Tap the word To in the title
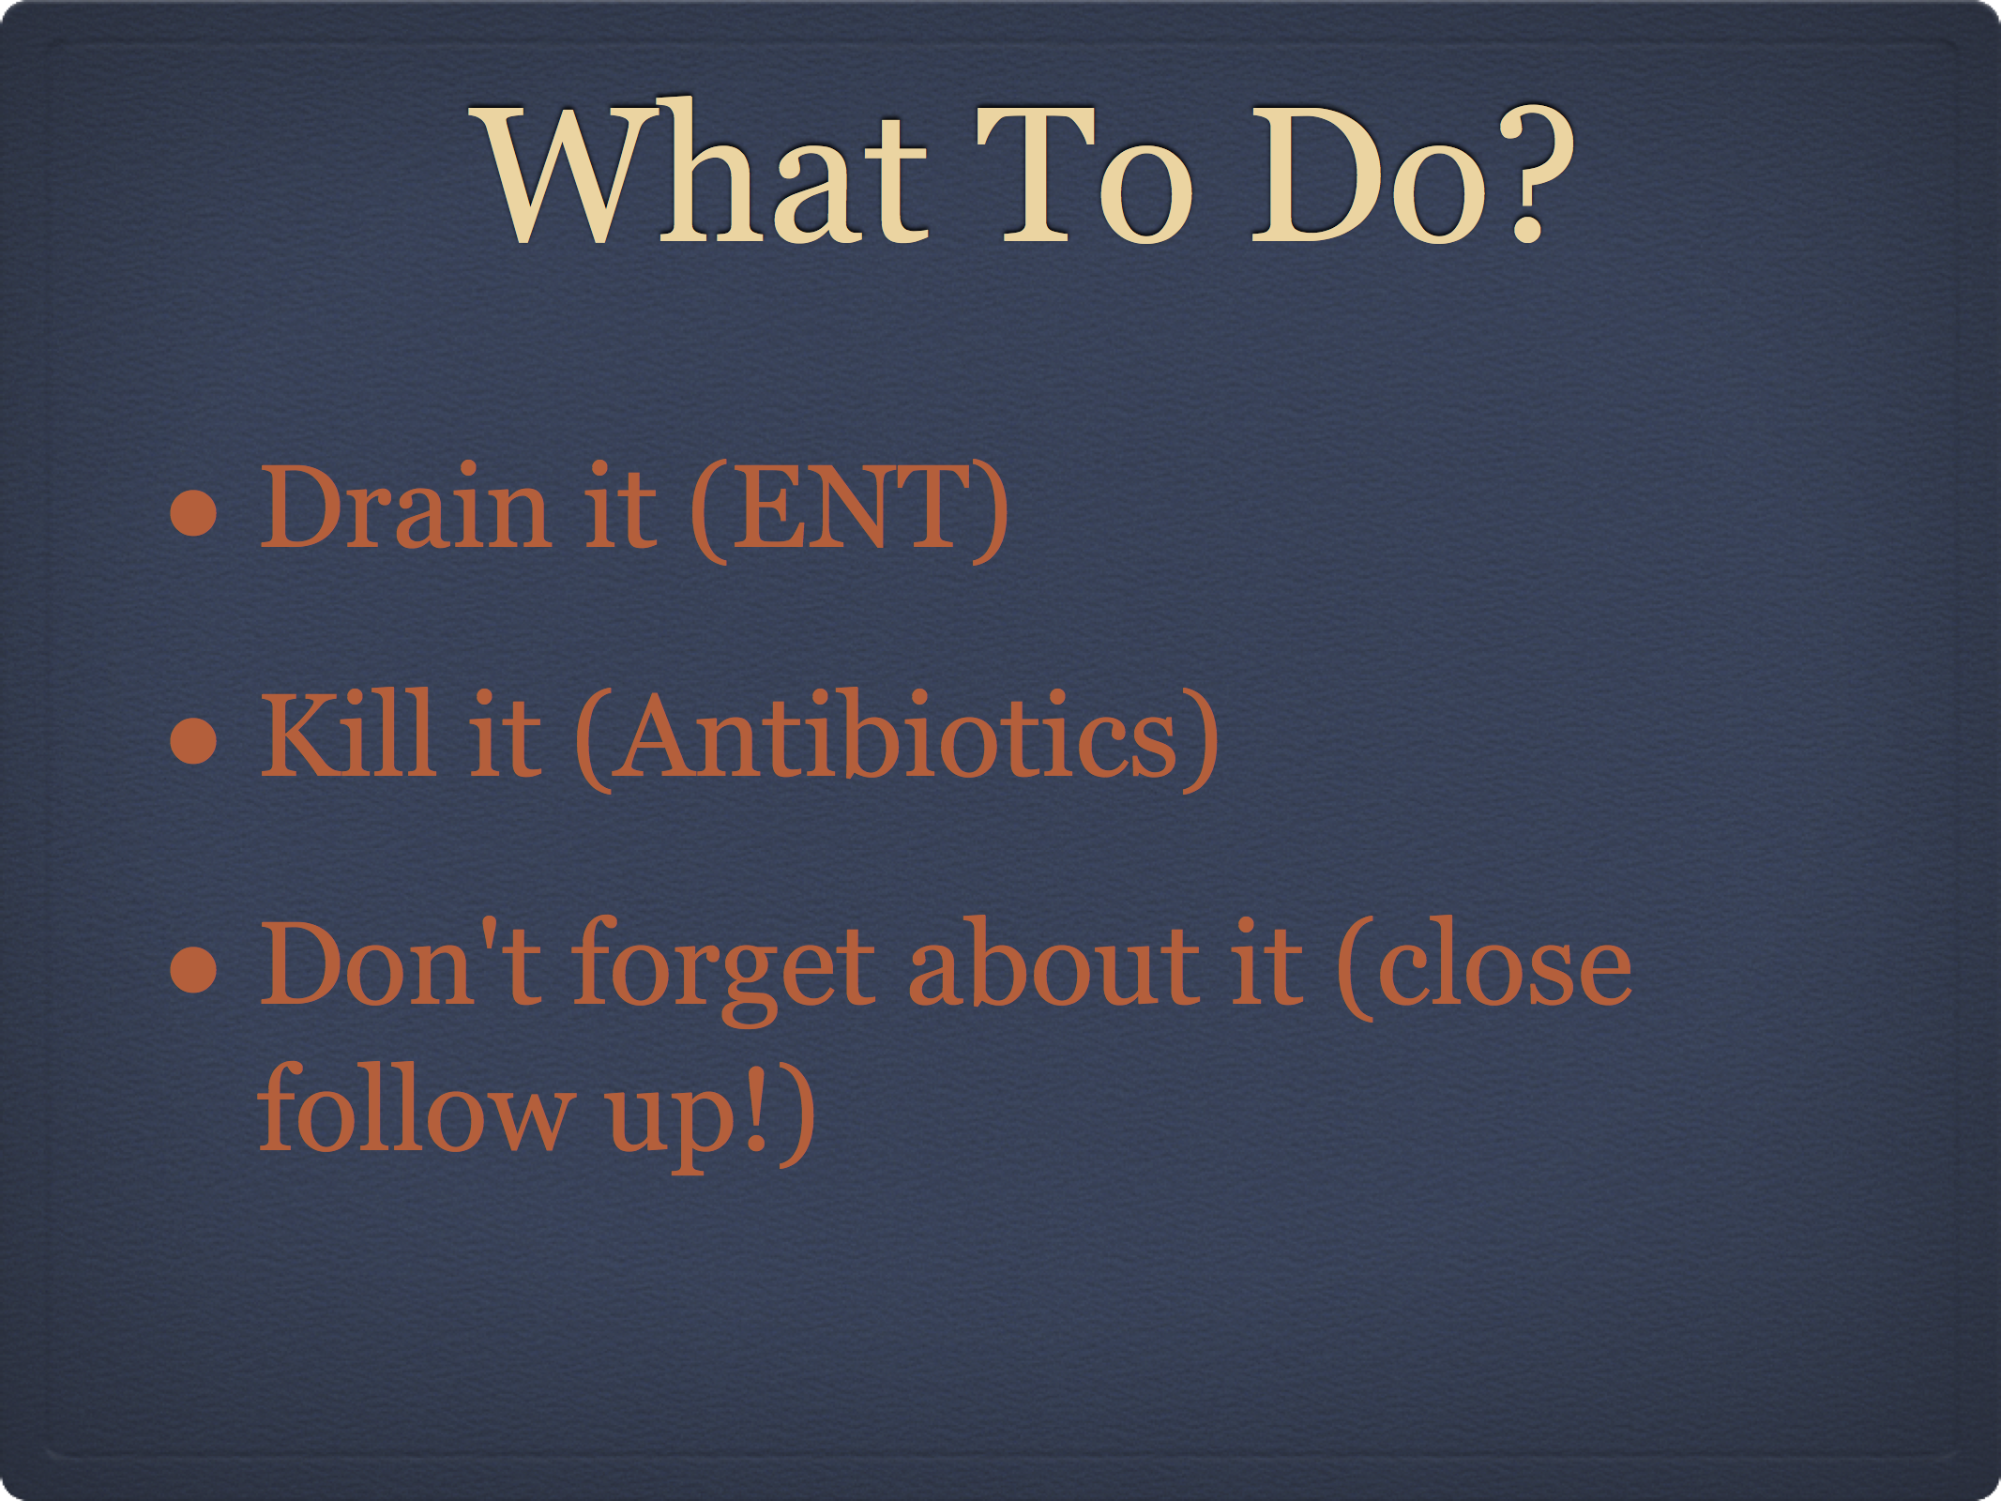coord(1084,174)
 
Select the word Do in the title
coord(1371,174)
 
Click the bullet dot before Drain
coord(194,512)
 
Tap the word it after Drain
coord(620,506)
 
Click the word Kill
coord(348,733)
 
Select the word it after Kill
coord(506,733)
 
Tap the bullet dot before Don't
coord(194,968)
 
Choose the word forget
coord(723,970)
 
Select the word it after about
coord(1267,963)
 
